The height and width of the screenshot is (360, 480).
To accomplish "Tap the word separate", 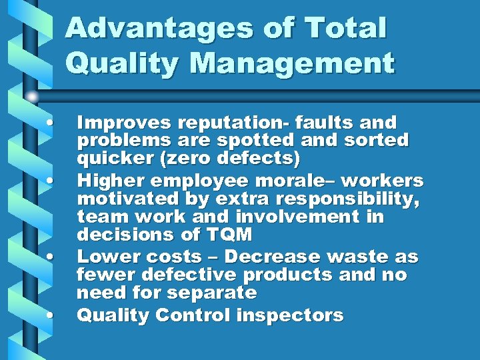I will point(213,293).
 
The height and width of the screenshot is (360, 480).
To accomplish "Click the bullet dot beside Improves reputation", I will point(51,123).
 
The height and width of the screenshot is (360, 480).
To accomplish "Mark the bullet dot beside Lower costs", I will point(51,257).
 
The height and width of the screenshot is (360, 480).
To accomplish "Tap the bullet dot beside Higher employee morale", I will point(51,181).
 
